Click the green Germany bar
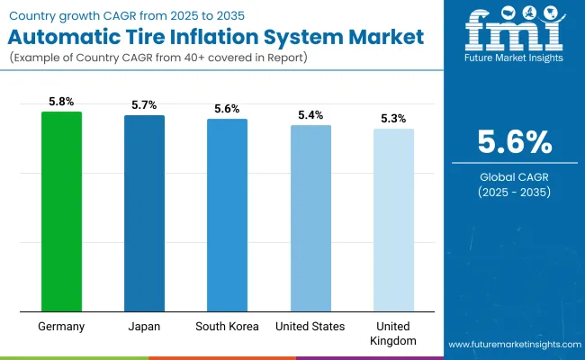pos(62,211)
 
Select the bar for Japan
pos(145,213)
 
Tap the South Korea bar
pos(228,215)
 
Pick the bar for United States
pos(310,218)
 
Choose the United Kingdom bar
pos(394,220)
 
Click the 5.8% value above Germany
pos(62,103)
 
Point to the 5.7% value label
pos(145,106)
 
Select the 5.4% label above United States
pos(310,116)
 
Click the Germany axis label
pos(62,326)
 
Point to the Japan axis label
pos(145,326)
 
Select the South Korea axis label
pos(228,326)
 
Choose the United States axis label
pos(310,326)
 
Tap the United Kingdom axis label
pos(394,332)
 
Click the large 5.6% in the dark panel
pos(514,142)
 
